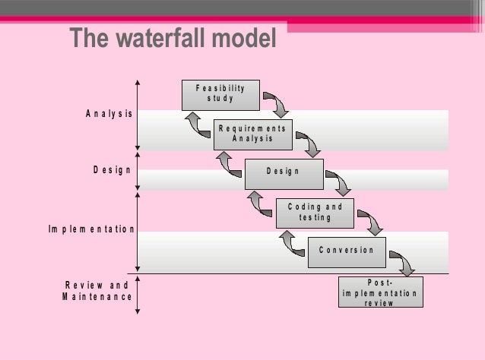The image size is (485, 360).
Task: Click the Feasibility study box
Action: click(x=220, y=94)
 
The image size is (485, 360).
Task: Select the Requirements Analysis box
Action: click(x=252, y=134)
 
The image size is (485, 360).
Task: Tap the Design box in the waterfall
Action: click(x=284, y=172)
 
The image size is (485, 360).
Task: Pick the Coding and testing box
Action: click(x=315, y=213)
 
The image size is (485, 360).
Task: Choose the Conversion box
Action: click(x=347, y=251)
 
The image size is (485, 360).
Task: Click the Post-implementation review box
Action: click(x=379, y=292)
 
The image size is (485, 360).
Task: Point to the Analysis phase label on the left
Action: click(x=109, y=114)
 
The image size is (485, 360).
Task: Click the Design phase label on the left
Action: click(x=112, y=170)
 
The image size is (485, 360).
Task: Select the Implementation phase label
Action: click(x=92, y=229)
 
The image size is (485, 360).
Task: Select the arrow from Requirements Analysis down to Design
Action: click(x=309, y=144)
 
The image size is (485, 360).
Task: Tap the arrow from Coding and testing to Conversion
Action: click(x=372, y=223)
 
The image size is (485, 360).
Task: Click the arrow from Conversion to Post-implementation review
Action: click(x=403, y=263)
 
